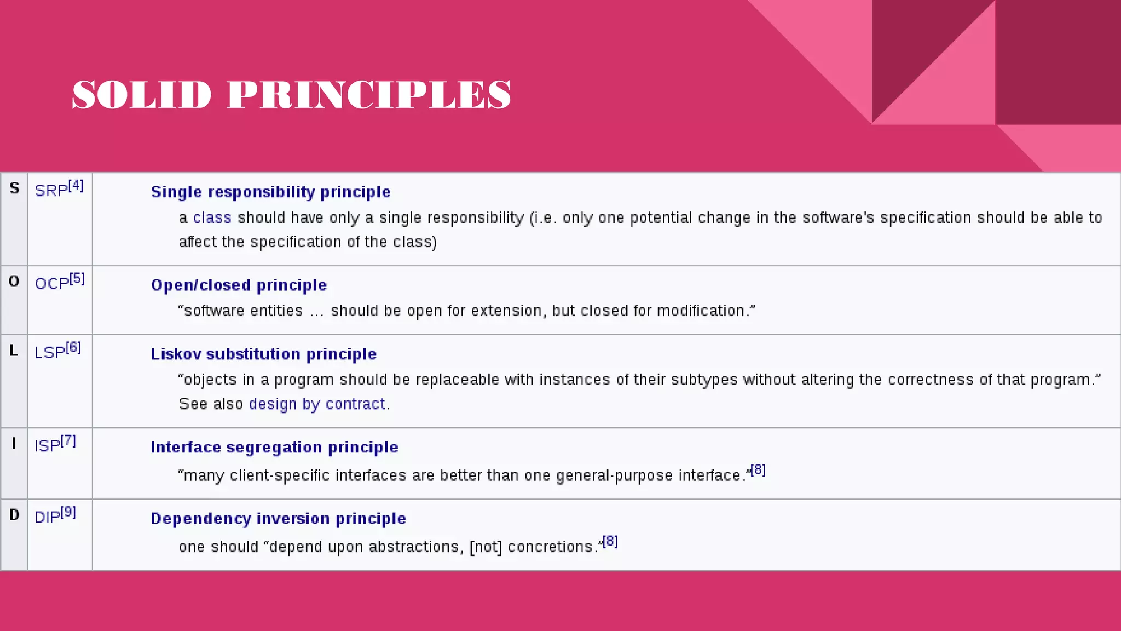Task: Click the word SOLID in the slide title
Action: tap(142, 95)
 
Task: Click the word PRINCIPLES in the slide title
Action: tap(369, 95)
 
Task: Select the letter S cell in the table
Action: tap(14, 188)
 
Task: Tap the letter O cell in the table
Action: tap(14, 282)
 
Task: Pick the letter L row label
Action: tap(14, 351)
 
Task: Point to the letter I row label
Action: tap(14, 444)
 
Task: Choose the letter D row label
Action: tap(14, 515)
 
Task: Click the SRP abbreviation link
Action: tap(51, 191)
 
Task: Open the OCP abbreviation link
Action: tap(52, 284)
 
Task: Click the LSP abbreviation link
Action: tap(50, 353)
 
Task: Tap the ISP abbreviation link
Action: tap(48, 446)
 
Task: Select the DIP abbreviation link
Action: tap(48, 517)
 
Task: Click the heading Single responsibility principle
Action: tap(270, 192)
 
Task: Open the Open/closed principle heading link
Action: tap(239, 285)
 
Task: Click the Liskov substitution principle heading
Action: tap(263, 354)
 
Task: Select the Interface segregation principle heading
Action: tap(274, 448)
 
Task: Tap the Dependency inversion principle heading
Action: tap(278, 519)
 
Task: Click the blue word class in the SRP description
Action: tap(212, 218)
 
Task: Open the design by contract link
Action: tap(317, 404)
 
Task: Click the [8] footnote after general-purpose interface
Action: tap(758, 470)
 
